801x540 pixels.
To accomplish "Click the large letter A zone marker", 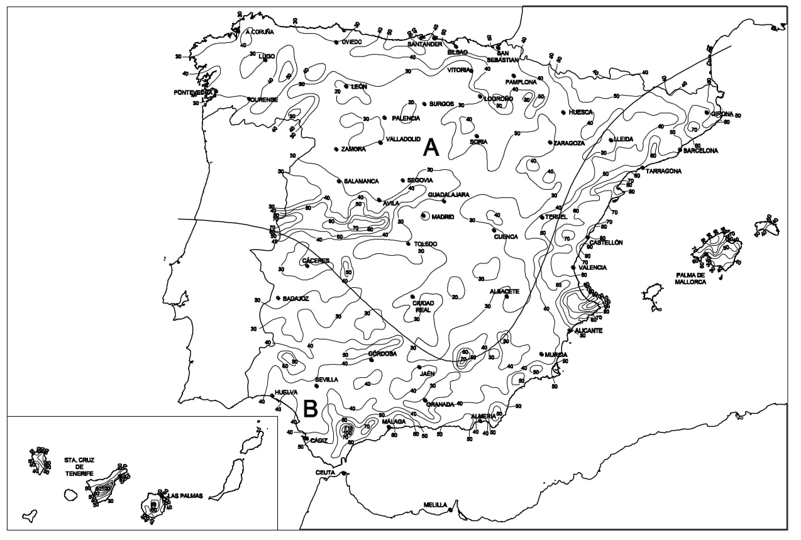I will point(431,147).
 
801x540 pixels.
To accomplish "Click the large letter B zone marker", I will point(311,409).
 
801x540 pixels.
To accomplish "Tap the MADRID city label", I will point(443,217).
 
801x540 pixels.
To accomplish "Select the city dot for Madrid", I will point(424,216).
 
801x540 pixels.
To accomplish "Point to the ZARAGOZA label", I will point(569,143).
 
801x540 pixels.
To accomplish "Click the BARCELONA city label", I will point(700,151).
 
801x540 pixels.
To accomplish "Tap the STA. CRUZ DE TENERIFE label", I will point(79,466).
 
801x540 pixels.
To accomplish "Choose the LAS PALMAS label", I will point(185,496).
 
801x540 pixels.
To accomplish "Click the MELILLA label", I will point(435,505).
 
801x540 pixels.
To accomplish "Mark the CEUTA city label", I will point(326,473).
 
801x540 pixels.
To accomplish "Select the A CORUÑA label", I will point(260,31).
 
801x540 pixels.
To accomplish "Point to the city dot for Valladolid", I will point(381,143).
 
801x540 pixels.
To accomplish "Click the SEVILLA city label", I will point(326,380).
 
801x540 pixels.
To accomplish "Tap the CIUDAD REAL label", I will point(423,307).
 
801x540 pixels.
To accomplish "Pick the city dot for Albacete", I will point(506,297).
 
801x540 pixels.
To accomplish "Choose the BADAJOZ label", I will point(296,299).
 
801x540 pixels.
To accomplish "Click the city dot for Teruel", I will point(542,217).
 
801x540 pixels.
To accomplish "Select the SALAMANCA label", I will point(361,181).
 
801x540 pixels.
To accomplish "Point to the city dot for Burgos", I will point(424,104).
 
